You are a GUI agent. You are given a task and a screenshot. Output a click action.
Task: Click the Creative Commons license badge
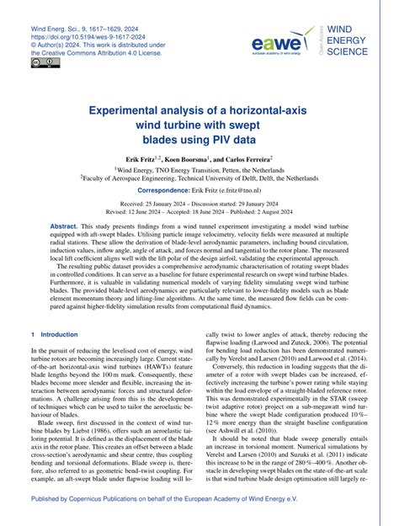click(x=40, y=61)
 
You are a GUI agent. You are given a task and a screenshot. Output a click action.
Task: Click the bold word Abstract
click(x=64, y=228)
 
